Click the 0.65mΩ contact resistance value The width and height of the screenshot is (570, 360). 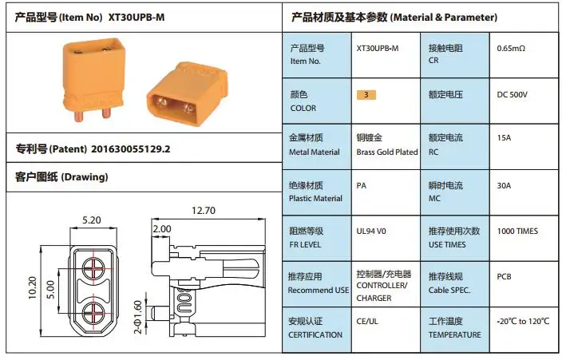(511, 49)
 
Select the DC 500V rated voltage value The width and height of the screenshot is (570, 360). (512, 94)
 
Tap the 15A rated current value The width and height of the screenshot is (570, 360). (504, 138)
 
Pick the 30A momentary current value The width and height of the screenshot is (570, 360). (504, 185)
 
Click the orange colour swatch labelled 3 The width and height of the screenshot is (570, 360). (366, 94)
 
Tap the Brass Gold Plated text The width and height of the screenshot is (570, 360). (386, 152)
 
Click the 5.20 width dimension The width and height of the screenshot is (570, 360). (91, 220)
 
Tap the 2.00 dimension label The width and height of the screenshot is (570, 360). (161, 228)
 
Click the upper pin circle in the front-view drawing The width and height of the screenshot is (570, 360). (92, 263)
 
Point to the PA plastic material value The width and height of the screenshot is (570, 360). (362, 185)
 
